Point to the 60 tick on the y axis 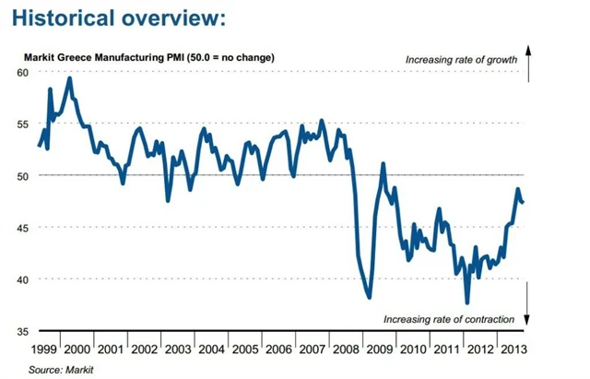(x=21, y=72)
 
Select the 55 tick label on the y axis (x=21, y=124)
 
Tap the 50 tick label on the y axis (x=21, y=175)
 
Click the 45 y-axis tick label (x=21, y=227)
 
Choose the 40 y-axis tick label (x=21, y=278)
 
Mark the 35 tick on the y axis (x=21, y=330)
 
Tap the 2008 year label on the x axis (x=343, y=349)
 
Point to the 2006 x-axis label (x=278, y=349)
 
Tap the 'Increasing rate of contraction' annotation (x=449, y=319)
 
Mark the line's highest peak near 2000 (x=70, y=78)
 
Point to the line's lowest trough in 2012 (x=467, y=302)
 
